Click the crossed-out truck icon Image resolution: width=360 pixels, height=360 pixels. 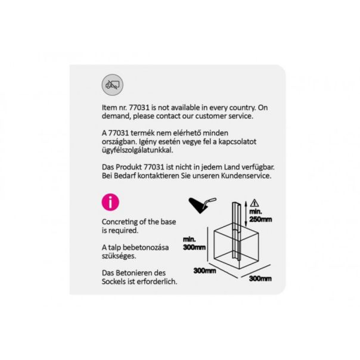pos(112,85)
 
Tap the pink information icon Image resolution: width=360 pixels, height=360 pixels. pos(110,202)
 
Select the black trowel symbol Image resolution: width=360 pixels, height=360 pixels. pos(202,205)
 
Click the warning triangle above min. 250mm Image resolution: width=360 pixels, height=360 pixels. pos(255,203)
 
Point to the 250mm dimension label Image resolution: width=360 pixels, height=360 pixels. pos(260,219)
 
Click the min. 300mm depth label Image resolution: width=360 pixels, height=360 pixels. pos(194,243)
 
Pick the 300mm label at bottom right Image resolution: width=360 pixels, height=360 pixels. pos(260,278)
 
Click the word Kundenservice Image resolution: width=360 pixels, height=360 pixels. pos(246,176)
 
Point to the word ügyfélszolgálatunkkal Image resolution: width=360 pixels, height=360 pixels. pos(138,150)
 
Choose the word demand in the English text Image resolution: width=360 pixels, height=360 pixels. pos(116,116)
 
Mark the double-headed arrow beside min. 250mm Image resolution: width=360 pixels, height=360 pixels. pos(246,213)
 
